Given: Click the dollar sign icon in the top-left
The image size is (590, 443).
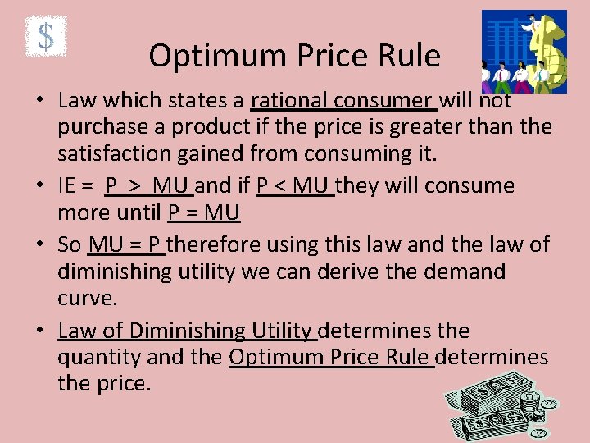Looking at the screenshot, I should (46, 37).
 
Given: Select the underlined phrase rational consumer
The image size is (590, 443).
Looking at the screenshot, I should (343, 101).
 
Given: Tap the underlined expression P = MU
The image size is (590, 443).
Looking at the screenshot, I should (203, 213).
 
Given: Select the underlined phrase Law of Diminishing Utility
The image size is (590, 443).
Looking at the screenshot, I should (186, 331).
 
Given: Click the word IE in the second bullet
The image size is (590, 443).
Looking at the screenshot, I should (70, 186).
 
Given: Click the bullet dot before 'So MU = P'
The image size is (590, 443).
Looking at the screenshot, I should (39, 244).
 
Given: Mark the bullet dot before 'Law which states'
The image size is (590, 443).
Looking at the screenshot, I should (39, 101).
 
